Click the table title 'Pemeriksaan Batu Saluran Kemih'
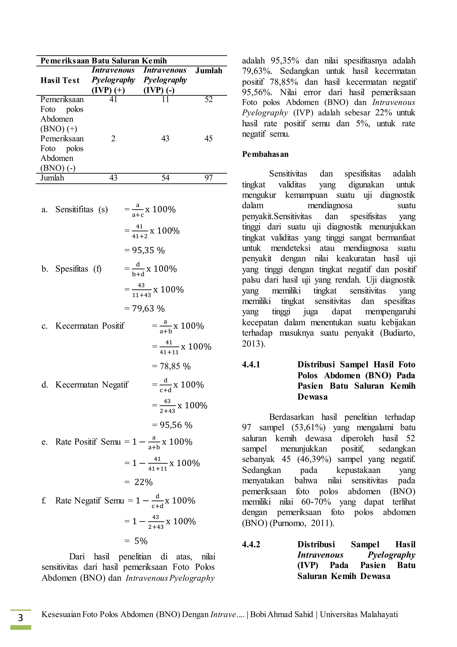click(104, 61)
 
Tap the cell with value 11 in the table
click(165, 99)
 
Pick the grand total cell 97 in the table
click(208, 178)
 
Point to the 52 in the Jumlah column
click(208, 99)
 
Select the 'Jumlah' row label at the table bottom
click(52, 178)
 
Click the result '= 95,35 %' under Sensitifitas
click(145, 250)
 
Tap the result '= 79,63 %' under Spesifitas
click(145, 308)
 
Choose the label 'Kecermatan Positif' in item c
click(89, 326)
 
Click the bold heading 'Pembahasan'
click(265, 154)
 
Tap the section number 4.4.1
click(251, 365)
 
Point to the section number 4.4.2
click(251, 544)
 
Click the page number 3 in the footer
click(21, 618)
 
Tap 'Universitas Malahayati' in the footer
click(359, 614)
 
